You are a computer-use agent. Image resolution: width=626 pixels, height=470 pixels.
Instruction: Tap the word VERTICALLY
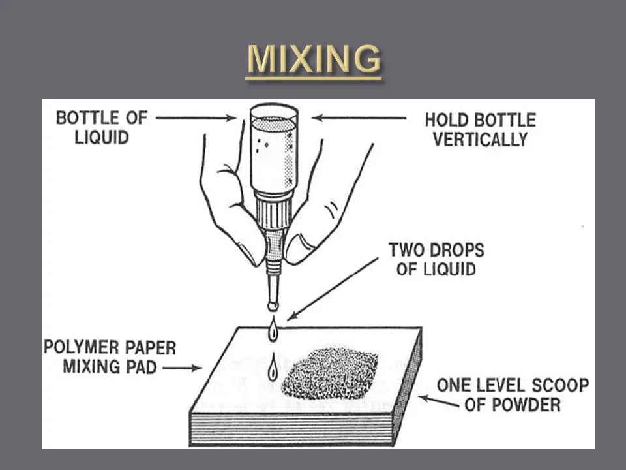[481, 140]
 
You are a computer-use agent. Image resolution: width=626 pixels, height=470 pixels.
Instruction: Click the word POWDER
[527, 405]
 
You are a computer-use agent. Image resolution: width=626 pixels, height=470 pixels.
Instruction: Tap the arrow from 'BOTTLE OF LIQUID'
[196, 118]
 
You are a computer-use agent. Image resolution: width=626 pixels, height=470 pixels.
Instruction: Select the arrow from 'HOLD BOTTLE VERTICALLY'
[359, 118]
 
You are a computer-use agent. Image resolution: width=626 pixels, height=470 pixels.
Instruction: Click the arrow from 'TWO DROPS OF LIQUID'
[333, 289]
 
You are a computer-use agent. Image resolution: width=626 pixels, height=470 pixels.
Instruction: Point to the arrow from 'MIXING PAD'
[182, 368]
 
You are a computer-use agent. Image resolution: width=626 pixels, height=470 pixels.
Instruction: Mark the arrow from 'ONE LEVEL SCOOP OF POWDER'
[438, 401]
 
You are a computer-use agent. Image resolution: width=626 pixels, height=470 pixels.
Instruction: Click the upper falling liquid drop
[273, 330]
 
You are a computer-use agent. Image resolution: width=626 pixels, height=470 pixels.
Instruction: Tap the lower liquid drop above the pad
[273, 368]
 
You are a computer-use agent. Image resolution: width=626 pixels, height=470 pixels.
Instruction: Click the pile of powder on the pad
[330, 373]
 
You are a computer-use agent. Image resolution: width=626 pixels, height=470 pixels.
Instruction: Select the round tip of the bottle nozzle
[273, 306]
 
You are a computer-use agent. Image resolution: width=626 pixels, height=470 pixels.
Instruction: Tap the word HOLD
[443, 120]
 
